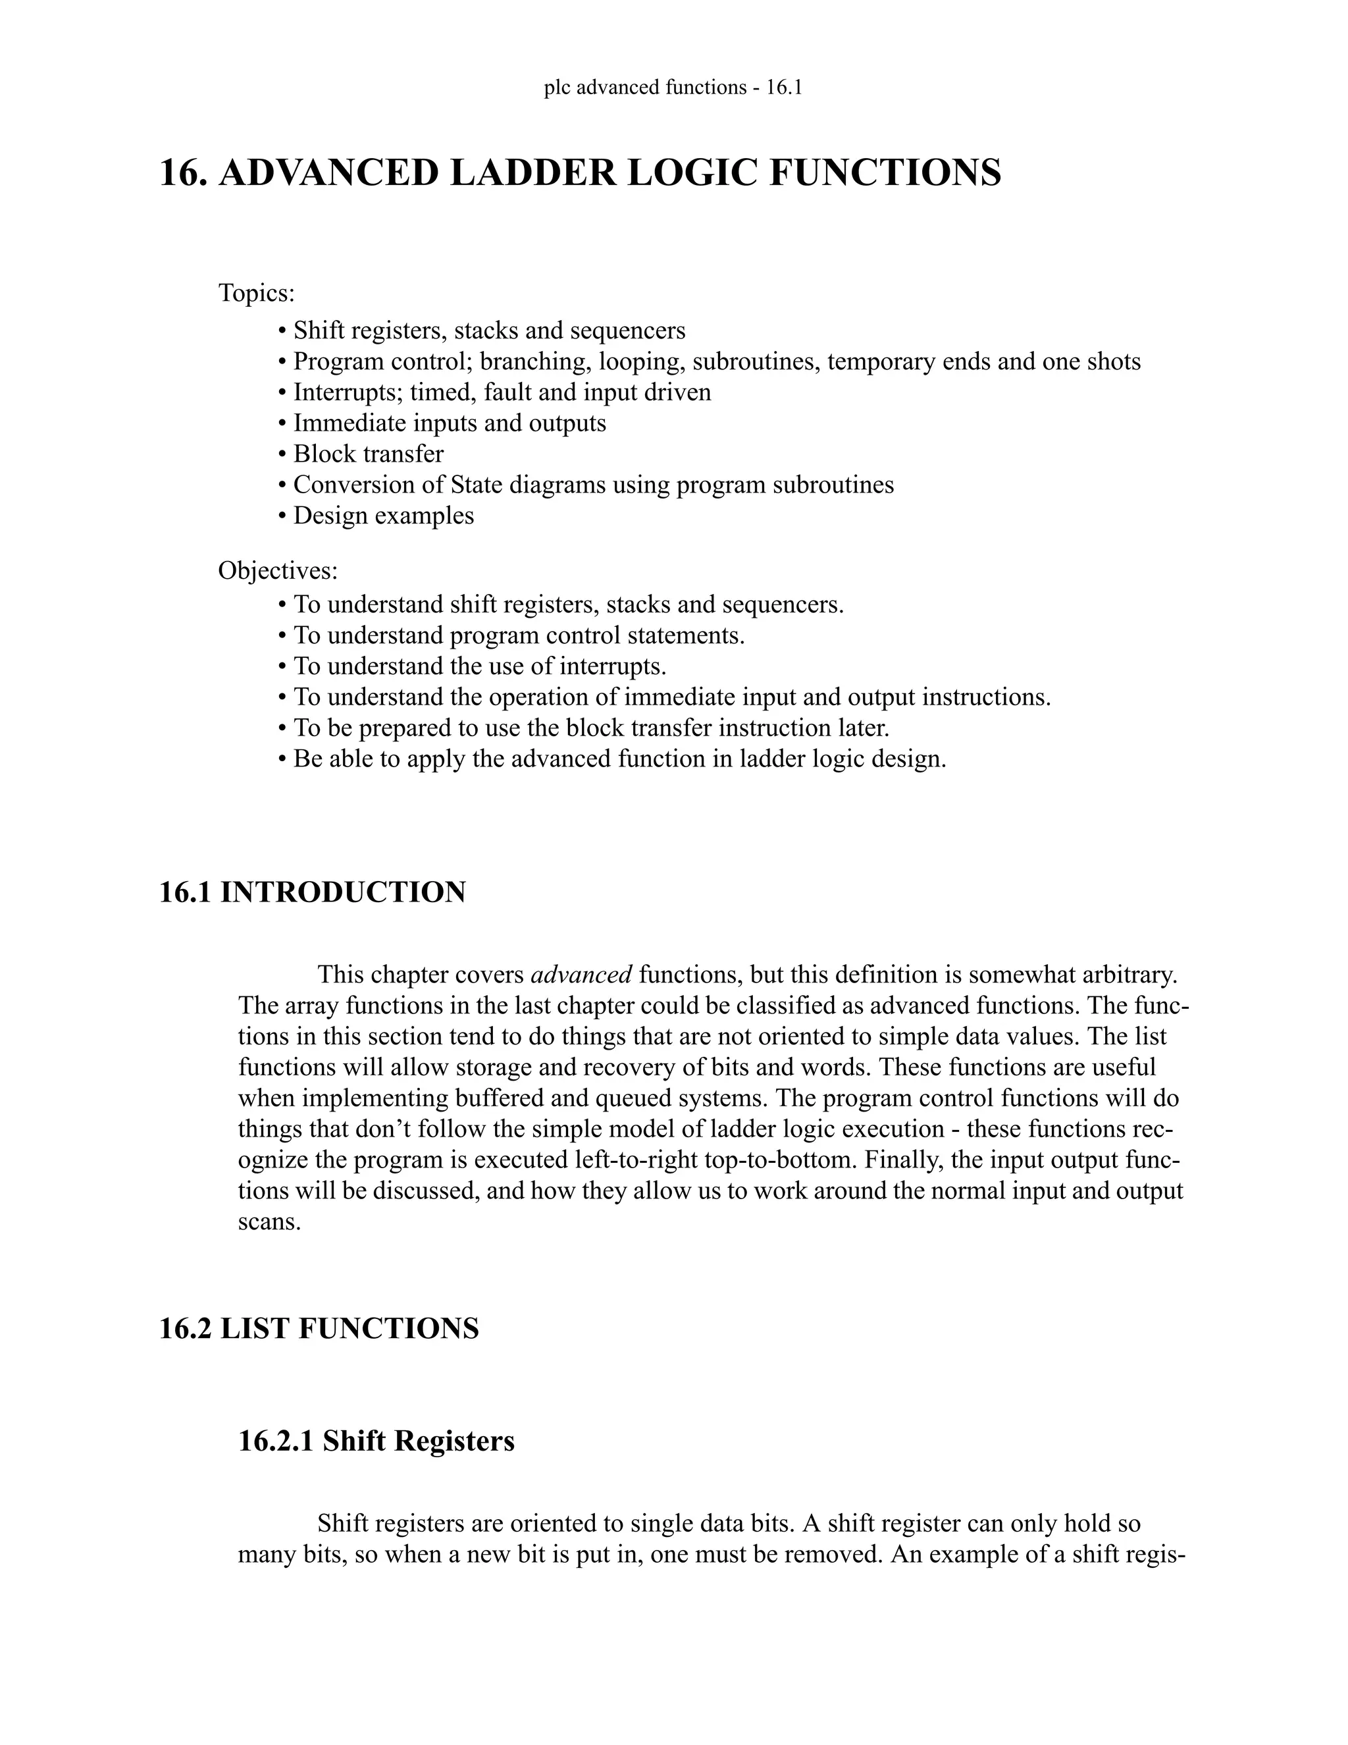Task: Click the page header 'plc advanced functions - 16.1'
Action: tap(673, 87)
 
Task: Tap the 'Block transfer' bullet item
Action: tap(368, 454)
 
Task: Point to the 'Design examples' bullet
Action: tap(383, 516)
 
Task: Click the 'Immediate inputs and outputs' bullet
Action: tap(450, 423)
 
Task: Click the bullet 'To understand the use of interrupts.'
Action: tap(480, 666)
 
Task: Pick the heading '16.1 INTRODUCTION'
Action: tap(312, 892)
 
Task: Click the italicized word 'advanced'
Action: tap(581, 975)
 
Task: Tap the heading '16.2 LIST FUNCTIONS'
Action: tap(319, 1329)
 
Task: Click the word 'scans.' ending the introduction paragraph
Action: tap(269, 1221)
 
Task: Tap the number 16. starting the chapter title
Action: tap(184, 173)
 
